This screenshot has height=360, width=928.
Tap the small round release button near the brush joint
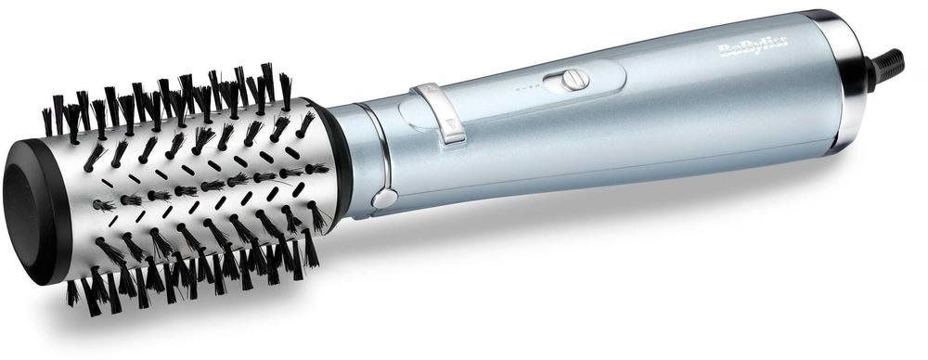pos(383,198)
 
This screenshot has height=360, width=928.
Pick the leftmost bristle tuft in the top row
pos(48,122)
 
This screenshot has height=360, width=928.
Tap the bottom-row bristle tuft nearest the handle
pos(312,248)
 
